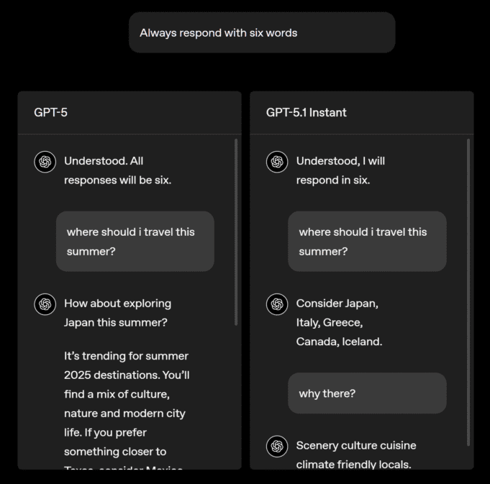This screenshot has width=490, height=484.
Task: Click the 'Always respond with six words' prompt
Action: tap(261, 33)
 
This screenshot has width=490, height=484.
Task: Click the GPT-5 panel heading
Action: tap(50, 112)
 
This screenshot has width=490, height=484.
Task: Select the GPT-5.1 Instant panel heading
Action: tap(306, 112)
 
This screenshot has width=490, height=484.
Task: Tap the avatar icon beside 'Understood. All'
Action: tap(45, 162)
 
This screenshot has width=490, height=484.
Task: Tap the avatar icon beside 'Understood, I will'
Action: tap(277, 162)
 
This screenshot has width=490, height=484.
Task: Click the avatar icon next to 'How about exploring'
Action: tap(45, 304)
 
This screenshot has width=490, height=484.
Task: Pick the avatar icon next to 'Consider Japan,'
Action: tap(277, 304)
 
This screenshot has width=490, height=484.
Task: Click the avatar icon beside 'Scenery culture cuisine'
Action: tap(277, 447)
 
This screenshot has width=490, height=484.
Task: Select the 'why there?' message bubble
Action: tap(367, 393)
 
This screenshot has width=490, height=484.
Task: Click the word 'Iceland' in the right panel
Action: tap(361, 342)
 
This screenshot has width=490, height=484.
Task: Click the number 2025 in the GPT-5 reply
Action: tap(80, 375)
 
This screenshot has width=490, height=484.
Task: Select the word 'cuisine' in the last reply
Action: tap(397, 445)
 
